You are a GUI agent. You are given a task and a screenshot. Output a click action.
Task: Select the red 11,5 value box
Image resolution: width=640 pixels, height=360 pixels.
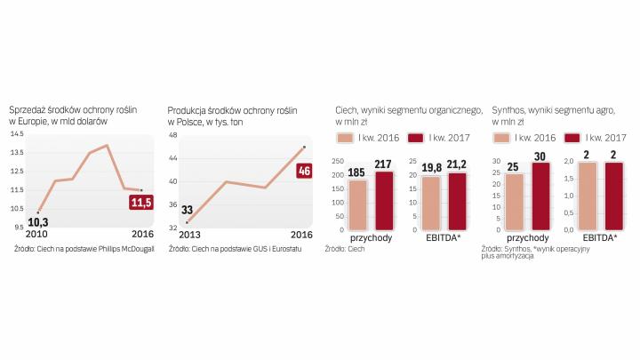[140, 203]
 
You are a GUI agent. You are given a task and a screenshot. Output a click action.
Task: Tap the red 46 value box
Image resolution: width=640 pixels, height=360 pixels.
[304, 170]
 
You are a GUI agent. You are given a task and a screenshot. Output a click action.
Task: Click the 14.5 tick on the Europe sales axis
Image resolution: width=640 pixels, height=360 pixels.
[17, 133]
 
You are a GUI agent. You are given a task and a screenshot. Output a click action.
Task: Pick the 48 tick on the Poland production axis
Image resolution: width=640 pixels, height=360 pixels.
[173, 136]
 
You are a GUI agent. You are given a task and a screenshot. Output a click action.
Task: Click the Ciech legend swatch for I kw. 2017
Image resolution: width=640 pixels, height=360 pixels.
[415, 138]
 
